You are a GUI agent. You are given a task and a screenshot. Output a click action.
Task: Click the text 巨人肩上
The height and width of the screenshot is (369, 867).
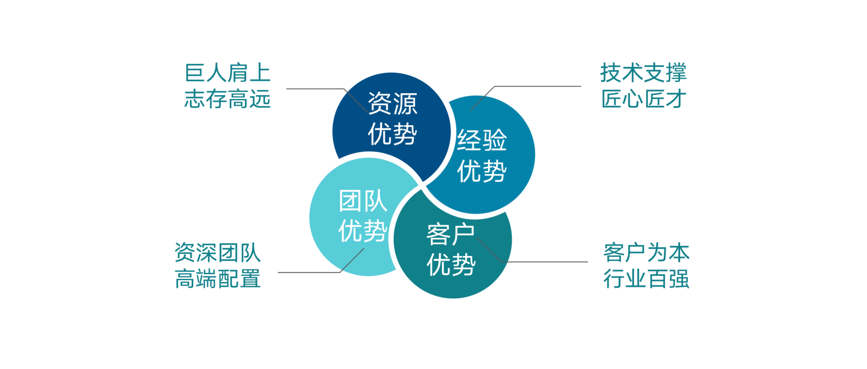click(x=228, y=73)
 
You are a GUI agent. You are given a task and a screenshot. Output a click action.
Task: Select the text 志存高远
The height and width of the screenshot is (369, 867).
click(x=228, y=99)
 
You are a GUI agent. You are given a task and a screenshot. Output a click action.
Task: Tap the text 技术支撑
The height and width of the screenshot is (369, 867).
click(x=643, y=73)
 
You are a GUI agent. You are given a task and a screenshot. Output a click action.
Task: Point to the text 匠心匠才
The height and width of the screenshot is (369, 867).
click(x=643, y=99)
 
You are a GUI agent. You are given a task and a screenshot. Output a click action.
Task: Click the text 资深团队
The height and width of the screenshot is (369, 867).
click(x=218, y=252)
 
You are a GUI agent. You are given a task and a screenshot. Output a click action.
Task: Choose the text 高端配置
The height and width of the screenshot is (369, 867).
click(x=218, y=279)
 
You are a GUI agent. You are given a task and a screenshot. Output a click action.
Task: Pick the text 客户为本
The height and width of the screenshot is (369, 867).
click(x=647, y=252)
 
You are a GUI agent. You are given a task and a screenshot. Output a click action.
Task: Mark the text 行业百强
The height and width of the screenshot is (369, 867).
click(x=647, y=279)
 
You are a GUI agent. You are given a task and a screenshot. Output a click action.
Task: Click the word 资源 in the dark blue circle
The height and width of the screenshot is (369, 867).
click(x=392, y=103)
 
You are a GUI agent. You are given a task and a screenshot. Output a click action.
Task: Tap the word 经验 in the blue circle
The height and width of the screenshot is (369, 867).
click(x=482, y=140)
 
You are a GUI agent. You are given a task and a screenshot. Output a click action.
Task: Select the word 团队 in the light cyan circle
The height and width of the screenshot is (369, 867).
click(x=363, y=201)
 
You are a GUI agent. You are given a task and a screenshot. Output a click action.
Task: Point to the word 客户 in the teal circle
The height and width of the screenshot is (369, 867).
click(x=451, y=234)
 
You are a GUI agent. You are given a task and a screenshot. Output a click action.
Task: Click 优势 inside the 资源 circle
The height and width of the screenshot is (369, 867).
click(x=392, y=134)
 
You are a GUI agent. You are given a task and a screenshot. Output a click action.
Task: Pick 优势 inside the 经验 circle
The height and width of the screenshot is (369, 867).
click(x=482, y=171)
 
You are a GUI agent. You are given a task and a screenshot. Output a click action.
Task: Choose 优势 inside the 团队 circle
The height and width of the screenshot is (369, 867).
click(x=363, y=231)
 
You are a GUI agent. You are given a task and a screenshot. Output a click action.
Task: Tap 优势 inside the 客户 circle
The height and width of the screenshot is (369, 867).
click(x=451, y=265)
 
